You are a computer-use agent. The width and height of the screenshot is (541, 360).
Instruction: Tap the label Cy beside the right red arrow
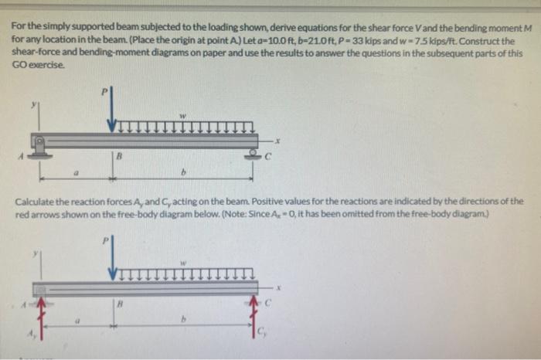[x=263, y=333]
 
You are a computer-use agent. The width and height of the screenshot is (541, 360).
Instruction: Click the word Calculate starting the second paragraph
[x=35, y=201]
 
